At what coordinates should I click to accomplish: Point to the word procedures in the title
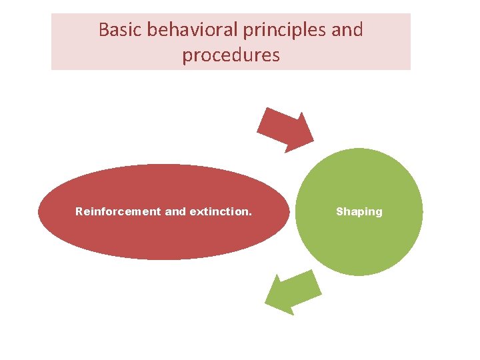231,55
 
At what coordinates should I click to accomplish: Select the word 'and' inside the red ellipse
175,211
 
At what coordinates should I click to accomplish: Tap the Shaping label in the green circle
359,211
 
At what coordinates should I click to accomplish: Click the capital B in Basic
104,30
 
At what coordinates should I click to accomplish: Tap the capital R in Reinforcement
79,211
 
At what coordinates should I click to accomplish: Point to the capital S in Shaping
339,211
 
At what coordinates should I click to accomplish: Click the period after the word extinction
251,214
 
